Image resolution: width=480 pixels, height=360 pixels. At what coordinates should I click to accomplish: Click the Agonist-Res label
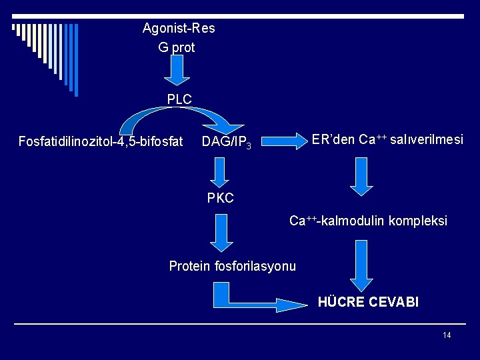[179, 29]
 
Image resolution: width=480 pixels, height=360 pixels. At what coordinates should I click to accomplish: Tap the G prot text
[177, 47]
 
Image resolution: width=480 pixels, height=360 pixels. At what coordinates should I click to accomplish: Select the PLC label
[179, 99]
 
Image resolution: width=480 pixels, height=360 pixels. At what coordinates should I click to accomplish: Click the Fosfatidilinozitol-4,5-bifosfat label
[101, 141]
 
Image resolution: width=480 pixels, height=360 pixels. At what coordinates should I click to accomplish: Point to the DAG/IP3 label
[227, 142]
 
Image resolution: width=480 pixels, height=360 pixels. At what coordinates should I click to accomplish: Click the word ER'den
[333, 139]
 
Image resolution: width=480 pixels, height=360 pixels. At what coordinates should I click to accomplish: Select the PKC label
[220, 198]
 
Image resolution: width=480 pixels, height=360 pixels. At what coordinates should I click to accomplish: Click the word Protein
[189, 266]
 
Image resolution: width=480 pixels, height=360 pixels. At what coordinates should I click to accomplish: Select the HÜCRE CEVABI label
[368, 302]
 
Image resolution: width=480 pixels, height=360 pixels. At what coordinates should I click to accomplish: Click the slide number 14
[447, 335]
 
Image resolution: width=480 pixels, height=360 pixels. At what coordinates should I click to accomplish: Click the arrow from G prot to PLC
[177, 71]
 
